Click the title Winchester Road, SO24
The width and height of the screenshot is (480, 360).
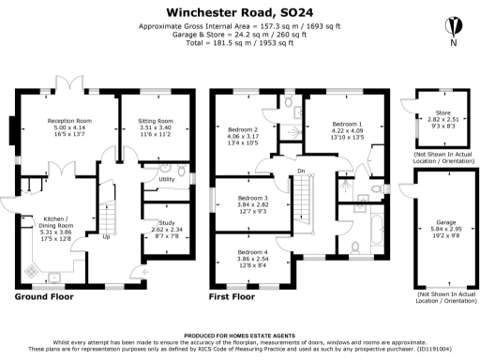tap(240, 10)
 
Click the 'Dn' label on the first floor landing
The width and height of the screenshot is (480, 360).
tap(302, 172)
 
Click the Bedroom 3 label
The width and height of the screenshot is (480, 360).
tap(252, 198)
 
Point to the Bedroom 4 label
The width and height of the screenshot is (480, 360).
tap(252, 253)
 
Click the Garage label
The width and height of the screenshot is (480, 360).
tap(438, 223)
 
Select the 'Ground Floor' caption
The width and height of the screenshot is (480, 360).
tap(45, 296)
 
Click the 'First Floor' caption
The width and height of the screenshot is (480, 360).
tap(231, 296)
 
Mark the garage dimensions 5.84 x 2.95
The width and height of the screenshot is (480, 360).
tap(438, 231)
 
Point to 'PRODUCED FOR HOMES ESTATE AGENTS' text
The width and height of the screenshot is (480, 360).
tap(240, 334)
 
